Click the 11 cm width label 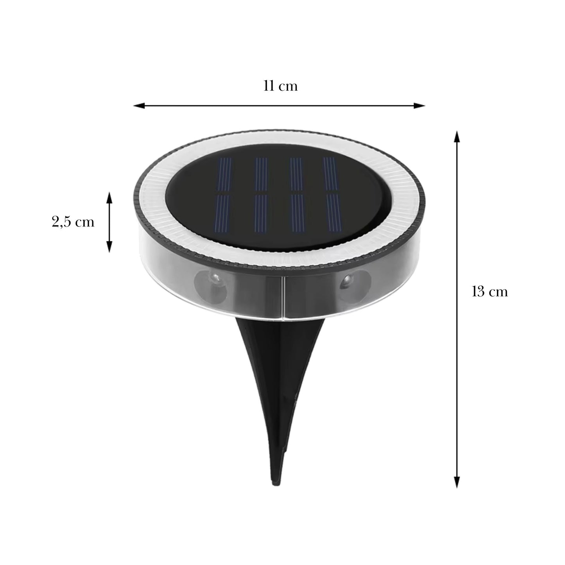(280, 86)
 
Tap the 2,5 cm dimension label (73, 222)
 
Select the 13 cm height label (490, 291)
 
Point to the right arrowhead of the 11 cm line (419, 106)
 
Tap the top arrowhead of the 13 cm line (457, 136)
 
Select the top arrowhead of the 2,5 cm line (109, 198)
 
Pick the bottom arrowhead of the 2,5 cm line (109, 247)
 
